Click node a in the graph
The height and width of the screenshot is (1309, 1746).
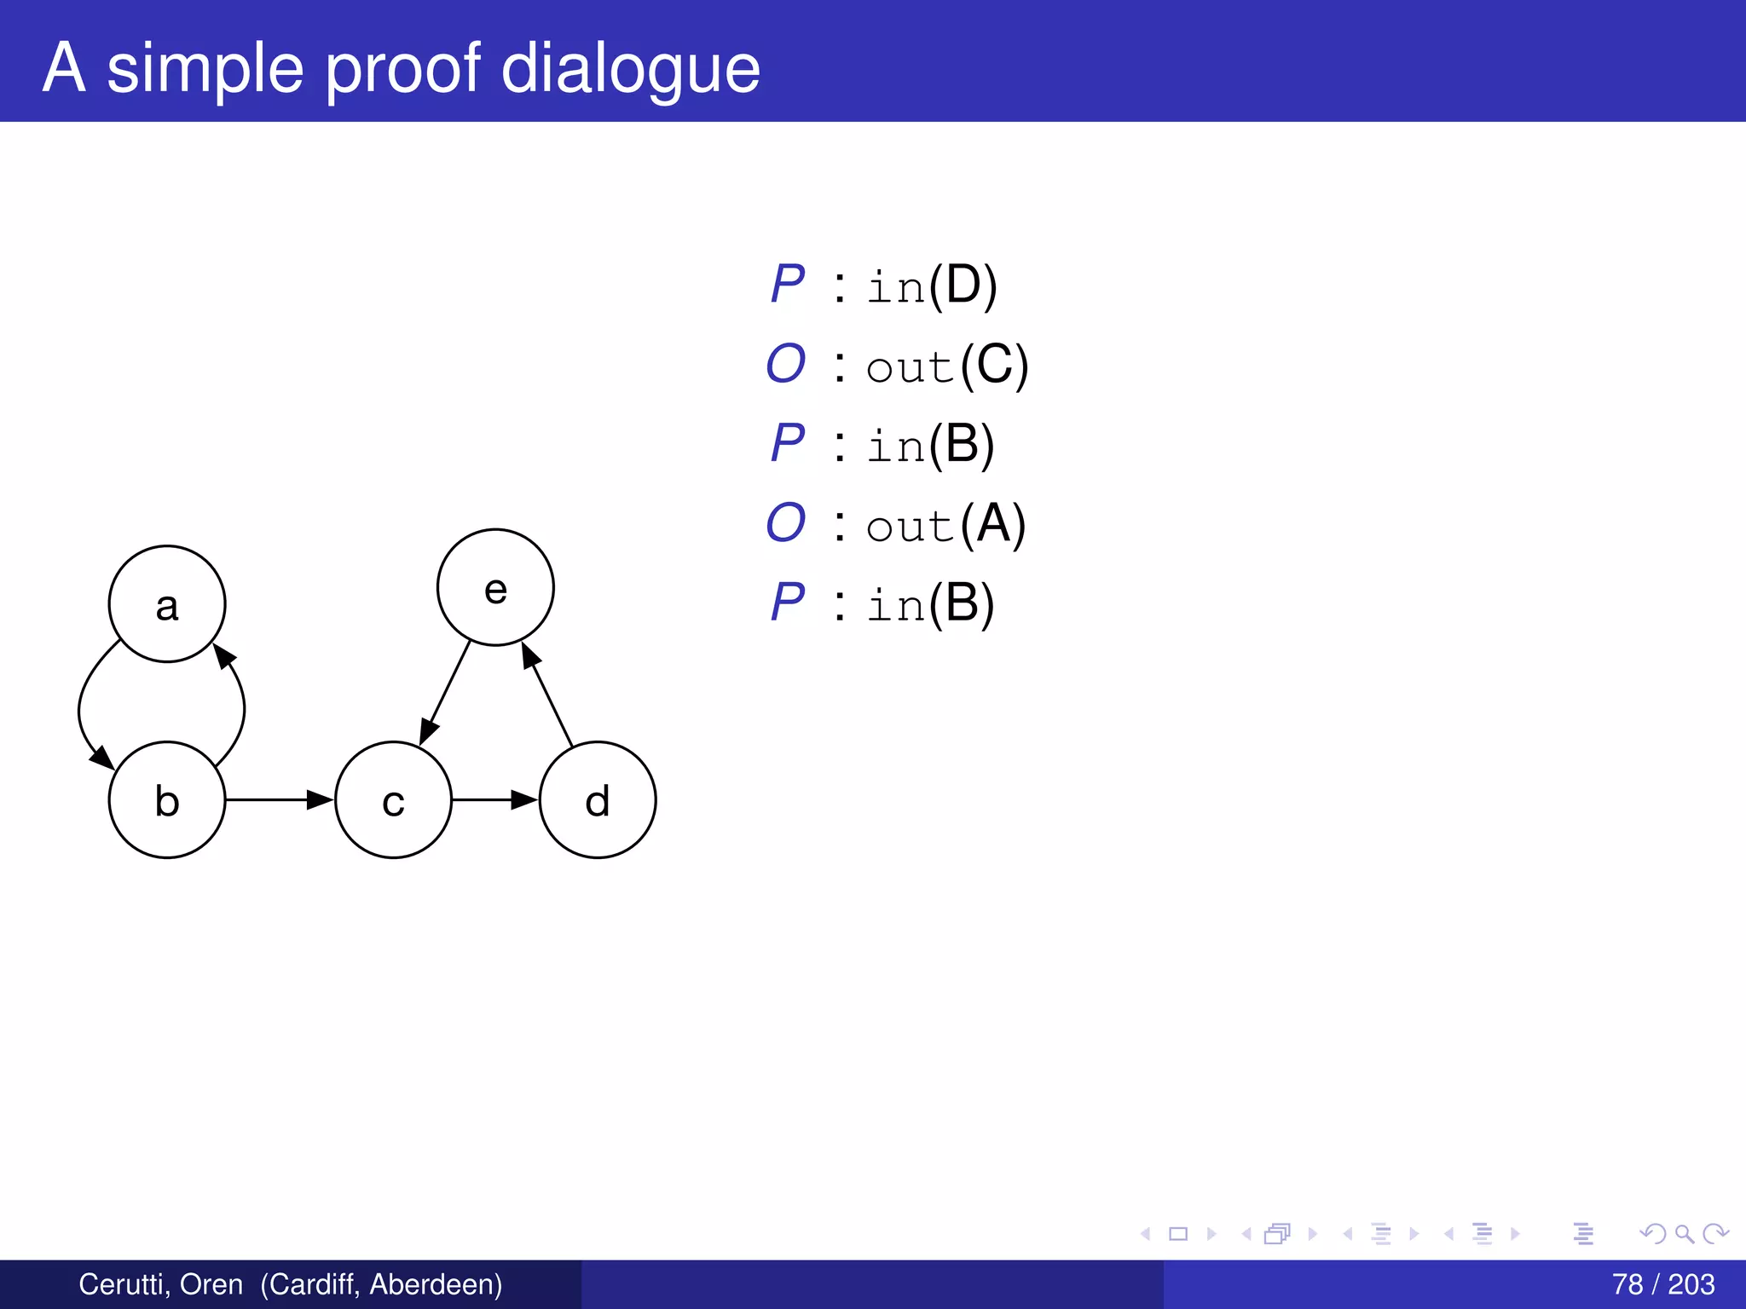[167, 604]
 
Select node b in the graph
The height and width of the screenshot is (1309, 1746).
[167, 800]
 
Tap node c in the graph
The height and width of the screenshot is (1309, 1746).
[393, 800]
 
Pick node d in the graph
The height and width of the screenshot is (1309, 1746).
[598, 800]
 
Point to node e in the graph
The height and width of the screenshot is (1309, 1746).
[495, 588]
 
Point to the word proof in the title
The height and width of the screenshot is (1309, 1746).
[403, 70]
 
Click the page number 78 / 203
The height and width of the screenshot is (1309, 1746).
[1662, 1284]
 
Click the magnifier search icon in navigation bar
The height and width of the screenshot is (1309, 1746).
[1684, 1234]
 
